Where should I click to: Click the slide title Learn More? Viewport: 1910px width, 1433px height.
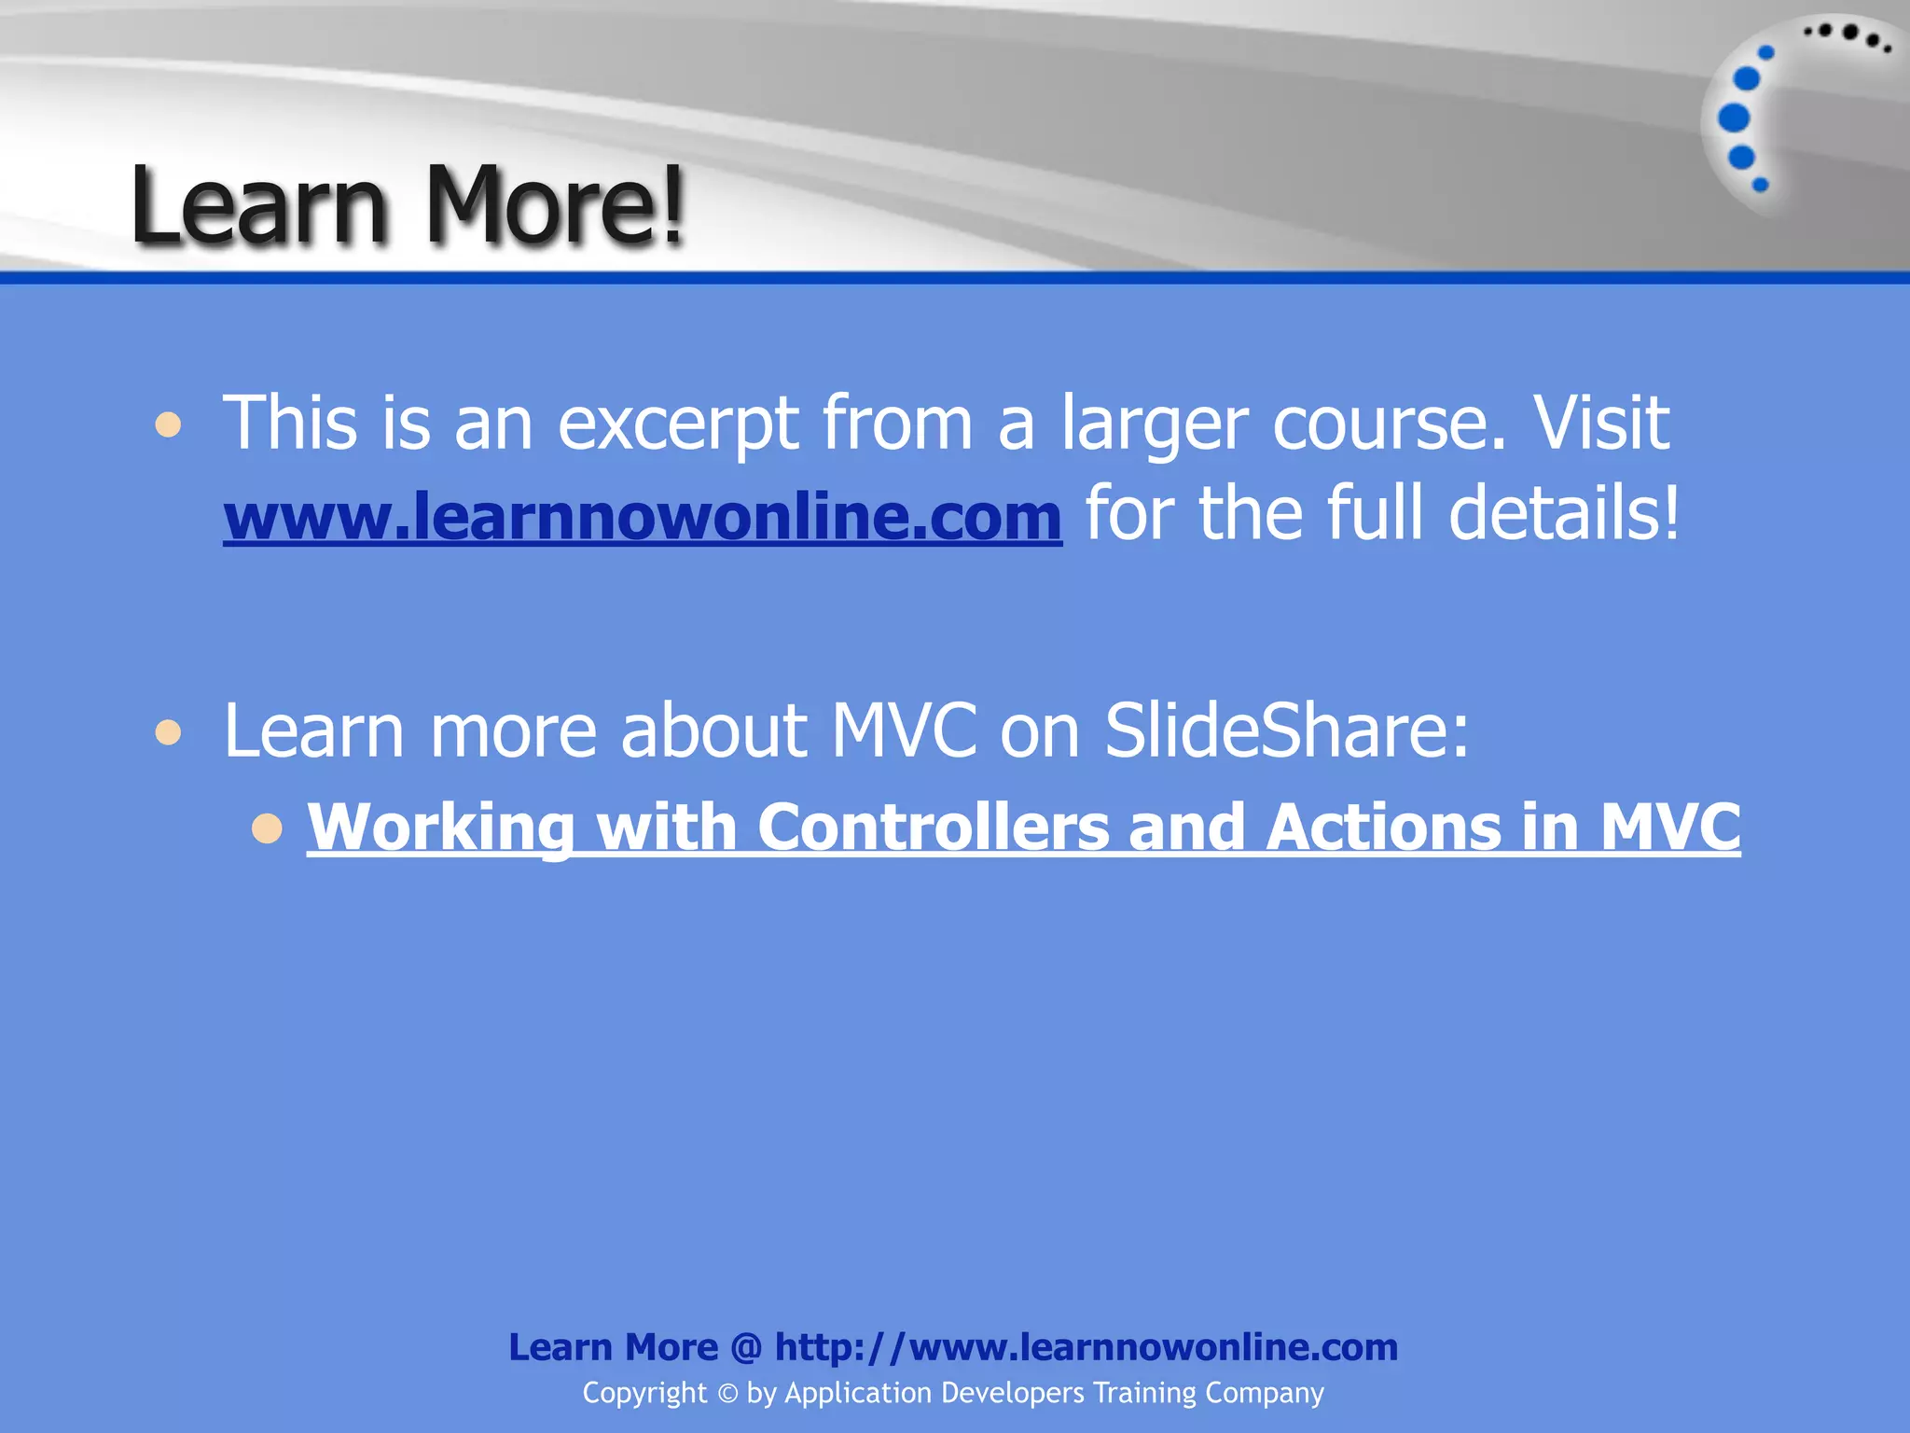(408, 204)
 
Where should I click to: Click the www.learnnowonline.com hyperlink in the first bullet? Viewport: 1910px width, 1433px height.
(643, 516)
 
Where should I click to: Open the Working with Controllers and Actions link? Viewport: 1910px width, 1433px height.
(1023, 827)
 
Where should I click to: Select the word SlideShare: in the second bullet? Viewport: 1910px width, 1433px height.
(1287, 730)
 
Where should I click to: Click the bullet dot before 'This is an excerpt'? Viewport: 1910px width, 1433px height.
(169, 425)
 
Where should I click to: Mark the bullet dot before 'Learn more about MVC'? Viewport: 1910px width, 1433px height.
(169, 732)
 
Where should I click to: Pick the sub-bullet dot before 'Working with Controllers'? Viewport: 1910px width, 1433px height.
(267, 828)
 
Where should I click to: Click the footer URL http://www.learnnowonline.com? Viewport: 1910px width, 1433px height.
(1086, 1347)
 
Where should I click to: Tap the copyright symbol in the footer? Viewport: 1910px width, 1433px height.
(727, 1394)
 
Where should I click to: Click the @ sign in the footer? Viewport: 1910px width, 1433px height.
(746, 1347)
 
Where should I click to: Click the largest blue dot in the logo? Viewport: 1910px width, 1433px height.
(1734, 118)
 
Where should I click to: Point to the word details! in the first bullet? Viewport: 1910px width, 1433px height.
(1564, 514)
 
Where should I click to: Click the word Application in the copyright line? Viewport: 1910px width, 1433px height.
(858, 1394)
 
